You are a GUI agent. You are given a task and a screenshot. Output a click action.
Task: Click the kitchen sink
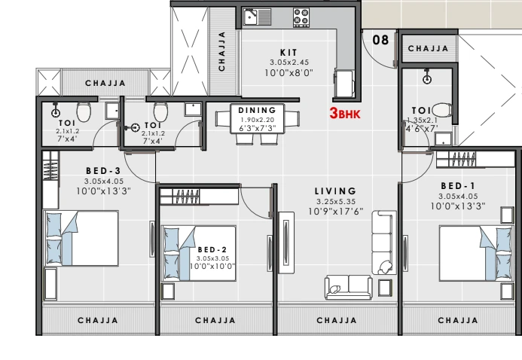tap(257, 17)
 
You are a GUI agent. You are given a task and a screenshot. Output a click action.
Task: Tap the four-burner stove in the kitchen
tap(301, 17)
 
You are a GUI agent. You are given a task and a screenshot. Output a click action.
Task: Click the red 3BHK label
tap(345, 114)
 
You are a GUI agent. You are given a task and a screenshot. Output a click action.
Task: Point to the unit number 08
tap(380, 40)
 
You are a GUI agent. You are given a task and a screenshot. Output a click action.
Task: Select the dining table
tap(258, 119)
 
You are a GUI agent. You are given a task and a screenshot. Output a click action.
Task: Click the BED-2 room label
tap(212, 250)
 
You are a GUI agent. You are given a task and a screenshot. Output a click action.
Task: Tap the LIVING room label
tap(336, 191)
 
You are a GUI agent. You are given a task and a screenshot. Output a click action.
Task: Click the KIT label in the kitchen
tap(288, 53)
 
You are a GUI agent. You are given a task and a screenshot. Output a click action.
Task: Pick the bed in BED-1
tap(476, 254)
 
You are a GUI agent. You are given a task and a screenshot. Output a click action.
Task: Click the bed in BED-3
tap(81, 238)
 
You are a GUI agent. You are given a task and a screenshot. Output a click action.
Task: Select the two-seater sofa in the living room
tap(348, 287)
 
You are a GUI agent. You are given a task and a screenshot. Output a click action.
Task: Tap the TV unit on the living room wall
tap(286, 243)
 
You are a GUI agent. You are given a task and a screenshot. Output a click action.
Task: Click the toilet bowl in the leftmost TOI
tap(84, 111)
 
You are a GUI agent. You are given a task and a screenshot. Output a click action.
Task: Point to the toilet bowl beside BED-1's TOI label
tap(442, 109)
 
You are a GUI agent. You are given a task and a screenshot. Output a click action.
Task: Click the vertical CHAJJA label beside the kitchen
tap(221, 51)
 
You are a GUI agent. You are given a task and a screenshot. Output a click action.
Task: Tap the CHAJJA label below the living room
tap(337, 320)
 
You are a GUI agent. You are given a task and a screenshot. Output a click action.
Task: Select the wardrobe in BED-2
tap(199, 197)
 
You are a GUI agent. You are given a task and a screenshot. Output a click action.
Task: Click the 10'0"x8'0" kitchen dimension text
tap(289, 72)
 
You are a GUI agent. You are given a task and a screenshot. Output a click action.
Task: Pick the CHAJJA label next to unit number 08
tap(428, 48)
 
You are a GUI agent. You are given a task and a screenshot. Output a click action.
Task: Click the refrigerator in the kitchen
tap(344, 84)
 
